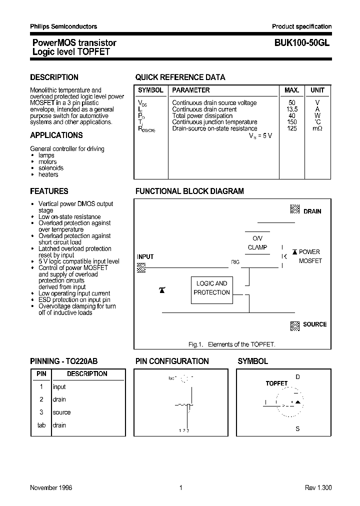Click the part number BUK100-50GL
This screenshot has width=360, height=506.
[302, 43]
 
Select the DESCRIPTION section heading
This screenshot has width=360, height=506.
[54, 77]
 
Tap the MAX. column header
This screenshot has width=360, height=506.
[291, 90]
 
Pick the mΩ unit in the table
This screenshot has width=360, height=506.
[317, 128]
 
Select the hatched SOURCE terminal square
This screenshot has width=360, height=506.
[294, 325]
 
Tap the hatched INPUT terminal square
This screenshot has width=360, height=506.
[141, 267]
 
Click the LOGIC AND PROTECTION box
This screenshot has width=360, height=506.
[211, 288]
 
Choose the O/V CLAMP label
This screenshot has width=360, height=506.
[257, 243]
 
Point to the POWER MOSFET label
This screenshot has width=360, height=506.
[309, 256]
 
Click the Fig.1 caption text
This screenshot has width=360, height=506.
[231, 344]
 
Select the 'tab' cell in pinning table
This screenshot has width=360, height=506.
[41, 425]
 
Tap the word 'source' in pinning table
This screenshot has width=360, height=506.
[61, 412]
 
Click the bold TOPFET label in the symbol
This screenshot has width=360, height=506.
[276, 383]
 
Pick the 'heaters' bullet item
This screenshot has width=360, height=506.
[48, 174]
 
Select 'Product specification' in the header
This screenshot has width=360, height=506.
[301, 26]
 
